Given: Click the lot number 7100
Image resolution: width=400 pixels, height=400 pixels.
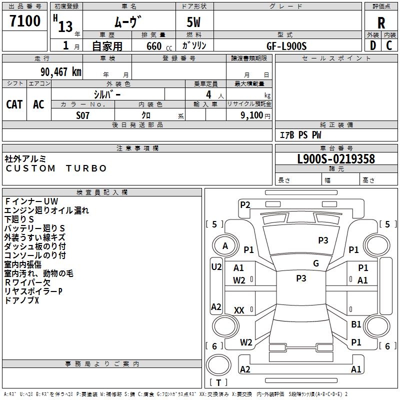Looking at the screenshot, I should (x=25, y=21).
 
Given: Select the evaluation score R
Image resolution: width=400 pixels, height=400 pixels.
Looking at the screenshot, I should (x=381, y=22).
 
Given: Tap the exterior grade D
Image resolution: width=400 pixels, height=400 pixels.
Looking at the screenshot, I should (x=373, y=45).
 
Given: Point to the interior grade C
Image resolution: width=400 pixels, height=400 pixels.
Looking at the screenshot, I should (x=389, y=45).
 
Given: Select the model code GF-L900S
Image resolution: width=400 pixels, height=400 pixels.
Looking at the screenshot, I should (x=286, y=45).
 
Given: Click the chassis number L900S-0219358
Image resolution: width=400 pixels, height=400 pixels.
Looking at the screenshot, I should (x=336, y=159).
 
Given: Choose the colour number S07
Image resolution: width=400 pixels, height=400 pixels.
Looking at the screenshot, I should (x=83, y=115).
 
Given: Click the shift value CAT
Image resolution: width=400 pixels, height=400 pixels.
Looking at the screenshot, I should (x=14, y=104).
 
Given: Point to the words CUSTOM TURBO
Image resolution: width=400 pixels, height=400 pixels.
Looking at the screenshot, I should (x=56, y=168).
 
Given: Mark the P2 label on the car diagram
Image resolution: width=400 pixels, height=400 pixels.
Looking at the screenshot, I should (x=245, y=204).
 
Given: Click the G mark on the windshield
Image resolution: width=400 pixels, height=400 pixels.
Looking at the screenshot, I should (x=316, y=263).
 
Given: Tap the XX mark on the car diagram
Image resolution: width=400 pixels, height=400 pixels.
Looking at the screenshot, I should (x=239, y=310).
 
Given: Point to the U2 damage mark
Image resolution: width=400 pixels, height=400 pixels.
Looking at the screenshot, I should (x=216, y=267).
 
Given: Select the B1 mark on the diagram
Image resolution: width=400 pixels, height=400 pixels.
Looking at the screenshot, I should (x=356, y=324).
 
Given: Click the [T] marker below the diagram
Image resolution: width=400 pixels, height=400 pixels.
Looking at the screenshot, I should (x=218, y=382).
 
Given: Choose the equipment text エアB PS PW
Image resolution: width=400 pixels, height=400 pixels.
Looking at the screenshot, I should (x=300, y=135).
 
